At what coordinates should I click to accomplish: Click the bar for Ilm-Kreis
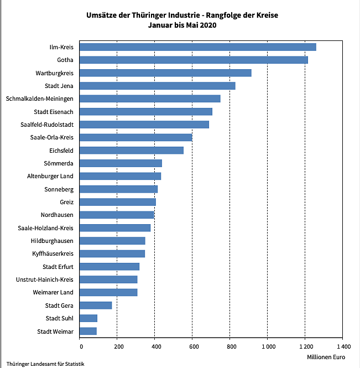pyautogui.click(x=198, y=47)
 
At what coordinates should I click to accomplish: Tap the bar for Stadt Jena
pyautogui.click(x=158, y=86)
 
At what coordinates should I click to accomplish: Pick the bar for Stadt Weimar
pyautogui.click(x=88, y=331)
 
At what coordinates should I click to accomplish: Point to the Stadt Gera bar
pyautogui.click(x=96, y=305)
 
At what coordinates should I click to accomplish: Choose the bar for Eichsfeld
pyautogui.click(x=132, y=150)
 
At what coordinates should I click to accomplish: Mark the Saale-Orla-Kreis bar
pyautogui.click(x=136, y=137)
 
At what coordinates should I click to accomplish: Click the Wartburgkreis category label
pyautogui.click(x=54, y=72)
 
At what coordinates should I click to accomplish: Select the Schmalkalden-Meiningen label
pyautogui.click(x=40, y=99)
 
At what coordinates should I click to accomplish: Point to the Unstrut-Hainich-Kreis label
pyautogui.click(x=45, y=279)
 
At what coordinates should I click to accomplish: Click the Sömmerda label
pyautogui.click(x=59, y=163)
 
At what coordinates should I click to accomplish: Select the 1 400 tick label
pyautogui.click(x=341, y=347)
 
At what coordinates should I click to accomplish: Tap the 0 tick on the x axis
pyautogui.click(x=81, y=347)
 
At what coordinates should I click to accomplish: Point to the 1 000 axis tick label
pyautogui.click(x=267, y=347)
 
